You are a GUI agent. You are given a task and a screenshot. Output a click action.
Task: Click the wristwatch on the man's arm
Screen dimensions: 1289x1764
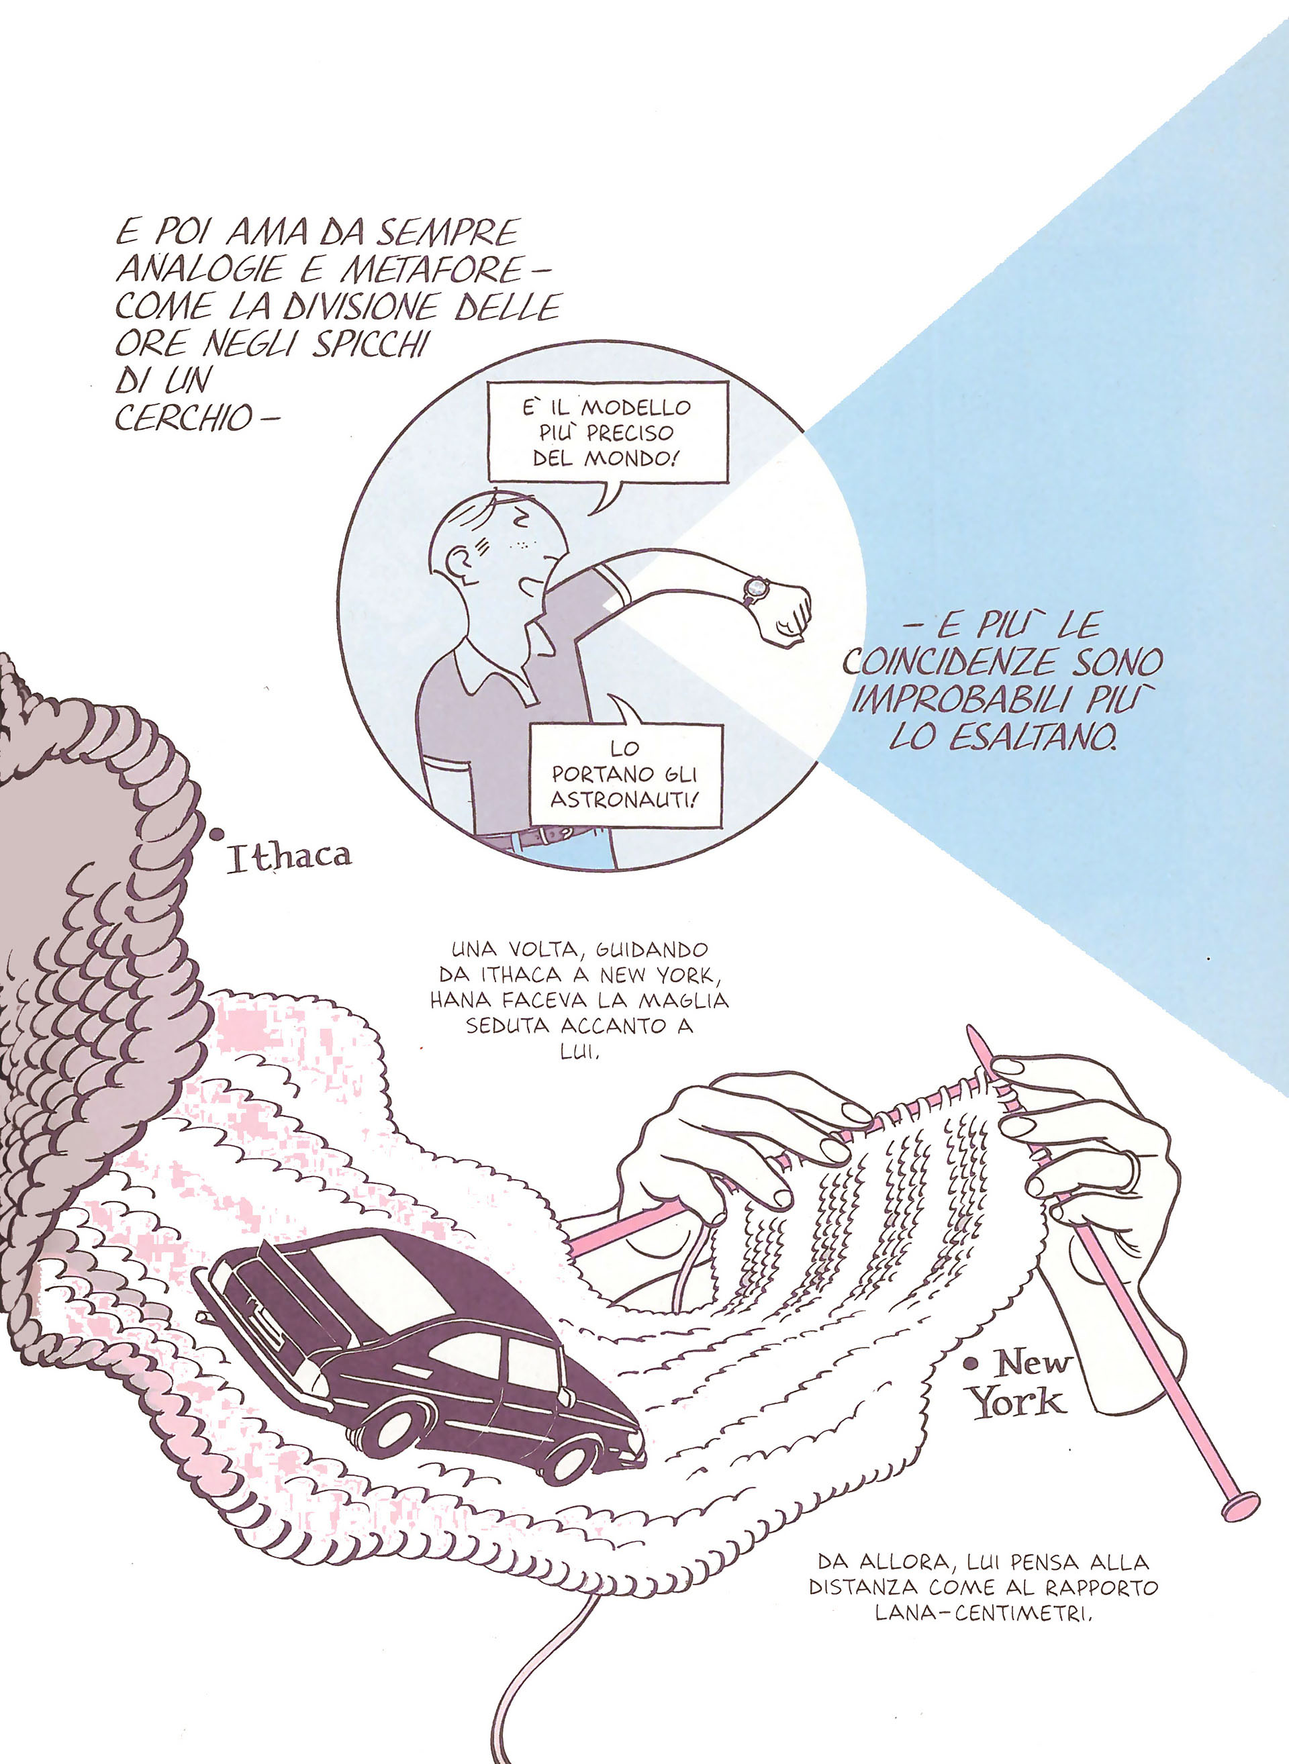tap(755, 589)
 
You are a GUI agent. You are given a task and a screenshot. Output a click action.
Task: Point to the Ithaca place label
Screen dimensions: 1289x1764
tap(289, 856)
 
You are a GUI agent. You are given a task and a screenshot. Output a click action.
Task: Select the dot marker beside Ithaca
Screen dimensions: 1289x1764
tap(216, 834)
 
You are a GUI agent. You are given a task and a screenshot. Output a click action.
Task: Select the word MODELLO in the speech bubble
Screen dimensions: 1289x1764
tap(636, 407)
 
